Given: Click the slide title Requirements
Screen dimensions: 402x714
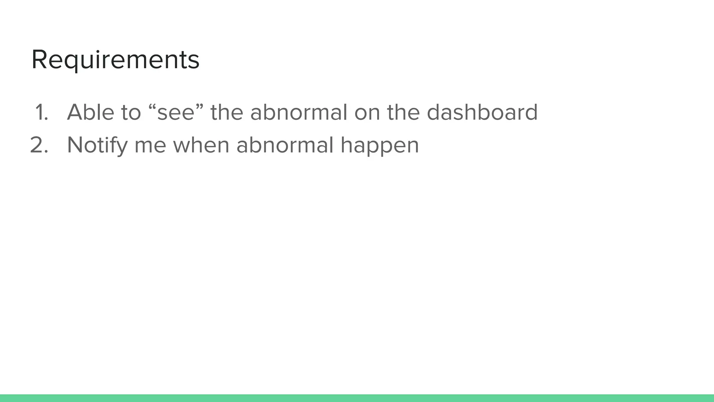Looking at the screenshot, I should (115, 60).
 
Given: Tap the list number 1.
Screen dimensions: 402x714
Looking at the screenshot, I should (41, 113).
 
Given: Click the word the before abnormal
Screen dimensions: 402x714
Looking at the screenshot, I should (227, 112).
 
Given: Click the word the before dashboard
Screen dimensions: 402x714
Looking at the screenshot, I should (403, 112).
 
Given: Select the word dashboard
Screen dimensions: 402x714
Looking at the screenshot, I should (482, 112).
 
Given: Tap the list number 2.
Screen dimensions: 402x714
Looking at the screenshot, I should (39, 145).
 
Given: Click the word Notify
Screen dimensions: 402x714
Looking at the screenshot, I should (97, 145).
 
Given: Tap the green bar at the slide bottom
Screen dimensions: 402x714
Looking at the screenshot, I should (357, 398).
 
